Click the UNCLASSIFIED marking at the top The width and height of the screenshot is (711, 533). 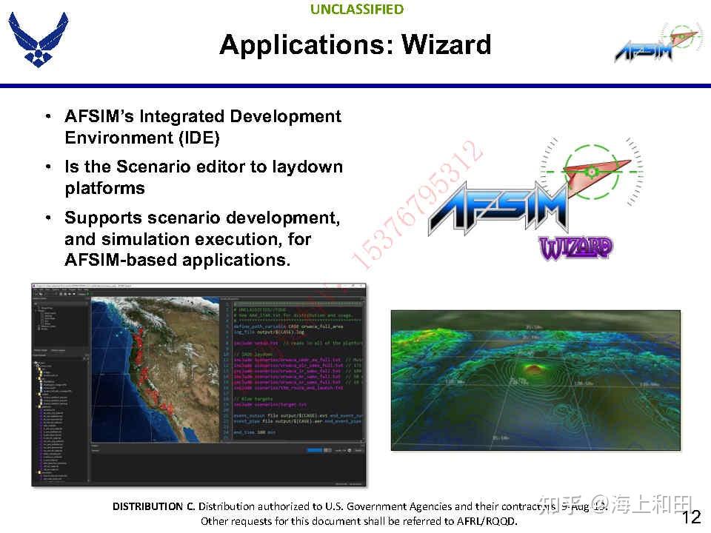click(356, 10)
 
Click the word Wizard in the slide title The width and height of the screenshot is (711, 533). click(446, 44)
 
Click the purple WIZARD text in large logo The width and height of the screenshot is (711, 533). click(575, 247)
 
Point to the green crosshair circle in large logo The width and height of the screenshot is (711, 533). click(590, 172)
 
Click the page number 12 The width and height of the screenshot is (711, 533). click(690, 517)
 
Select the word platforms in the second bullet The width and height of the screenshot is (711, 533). click(104, 188)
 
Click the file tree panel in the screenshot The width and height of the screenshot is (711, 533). click(59, 415)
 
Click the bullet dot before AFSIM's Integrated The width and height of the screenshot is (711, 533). click(48, 117)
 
